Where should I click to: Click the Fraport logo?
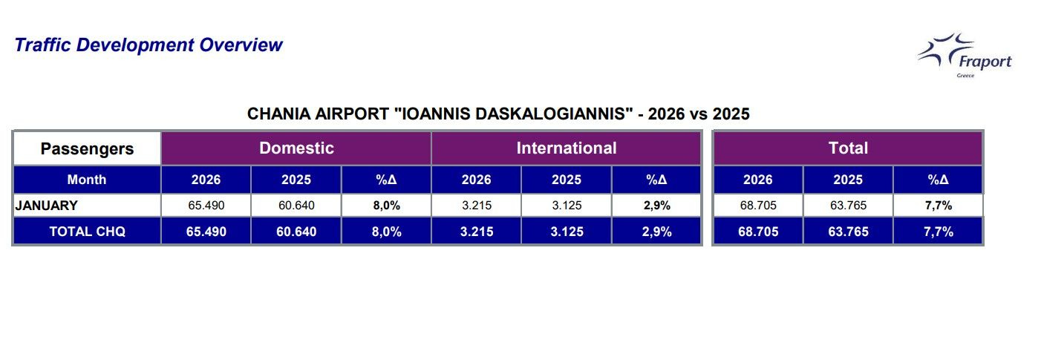965,56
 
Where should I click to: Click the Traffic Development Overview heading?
149,45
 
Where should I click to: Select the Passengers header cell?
87,148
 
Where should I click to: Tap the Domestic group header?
296,148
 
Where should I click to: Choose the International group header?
567,148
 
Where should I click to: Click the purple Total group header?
848,148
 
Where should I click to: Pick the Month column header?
87,180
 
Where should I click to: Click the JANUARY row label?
46,206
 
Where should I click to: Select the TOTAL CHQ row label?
87,232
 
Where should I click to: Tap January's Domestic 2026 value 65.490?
206,206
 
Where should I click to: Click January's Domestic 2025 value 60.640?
296,206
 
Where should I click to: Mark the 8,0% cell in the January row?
386,206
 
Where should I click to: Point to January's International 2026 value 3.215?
476,206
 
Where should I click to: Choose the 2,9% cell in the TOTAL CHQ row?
656,232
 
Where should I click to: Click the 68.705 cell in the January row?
758,206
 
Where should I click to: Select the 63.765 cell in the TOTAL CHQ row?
848,232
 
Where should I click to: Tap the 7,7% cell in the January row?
939,206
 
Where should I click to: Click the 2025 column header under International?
567,180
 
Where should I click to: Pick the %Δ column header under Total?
939,180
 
